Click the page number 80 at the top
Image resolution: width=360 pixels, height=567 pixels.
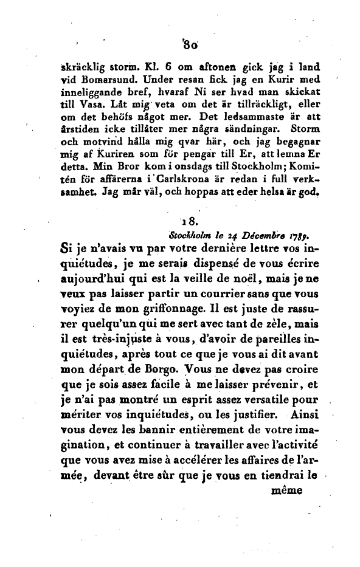pos(182,44)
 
